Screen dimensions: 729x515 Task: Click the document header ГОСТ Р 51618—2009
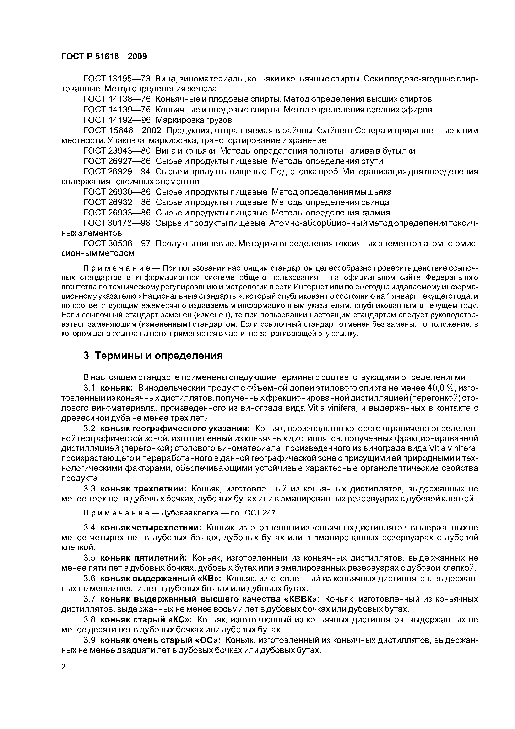[x=104, y=57]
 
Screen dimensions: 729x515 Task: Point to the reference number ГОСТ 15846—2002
[x=122, y=131]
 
